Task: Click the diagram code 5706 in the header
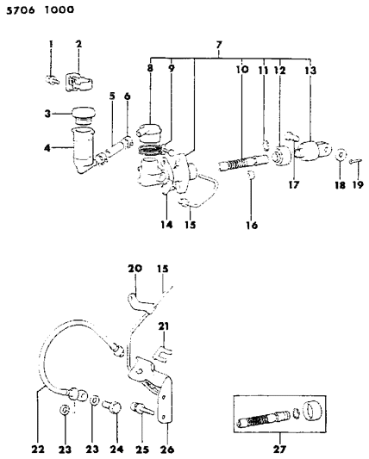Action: point(21,10)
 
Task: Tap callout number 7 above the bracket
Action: point(219,45)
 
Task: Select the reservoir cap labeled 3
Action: point(84,115)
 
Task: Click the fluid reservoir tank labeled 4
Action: point(84,150)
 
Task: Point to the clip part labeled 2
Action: point(78,83)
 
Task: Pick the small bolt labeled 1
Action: point(53,79)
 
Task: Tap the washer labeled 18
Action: point(341,154)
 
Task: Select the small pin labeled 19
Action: point(356,161)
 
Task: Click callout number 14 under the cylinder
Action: point(166,225)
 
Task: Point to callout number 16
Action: point(252,225)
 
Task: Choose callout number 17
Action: point(294,184)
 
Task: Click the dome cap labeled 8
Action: point(149,131)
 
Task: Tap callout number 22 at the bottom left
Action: point(38,450)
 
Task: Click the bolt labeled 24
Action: point(112,406)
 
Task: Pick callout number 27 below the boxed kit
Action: point(279,449)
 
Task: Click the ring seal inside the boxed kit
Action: point(296,412)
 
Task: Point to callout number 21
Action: point(164,326)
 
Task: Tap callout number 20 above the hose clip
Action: point(134,268)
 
